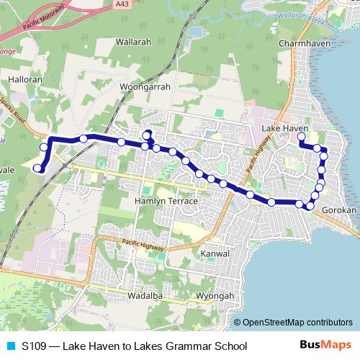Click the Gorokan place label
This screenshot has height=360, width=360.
(339, 210)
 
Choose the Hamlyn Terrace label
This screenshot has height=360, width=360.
(166, 201)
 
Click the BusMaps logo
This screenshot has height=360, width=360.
(323, 346)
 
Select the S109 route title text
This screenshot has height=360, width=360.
(133, 346)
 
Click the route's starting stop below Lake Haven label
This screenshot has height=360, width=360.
(301, 136)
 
